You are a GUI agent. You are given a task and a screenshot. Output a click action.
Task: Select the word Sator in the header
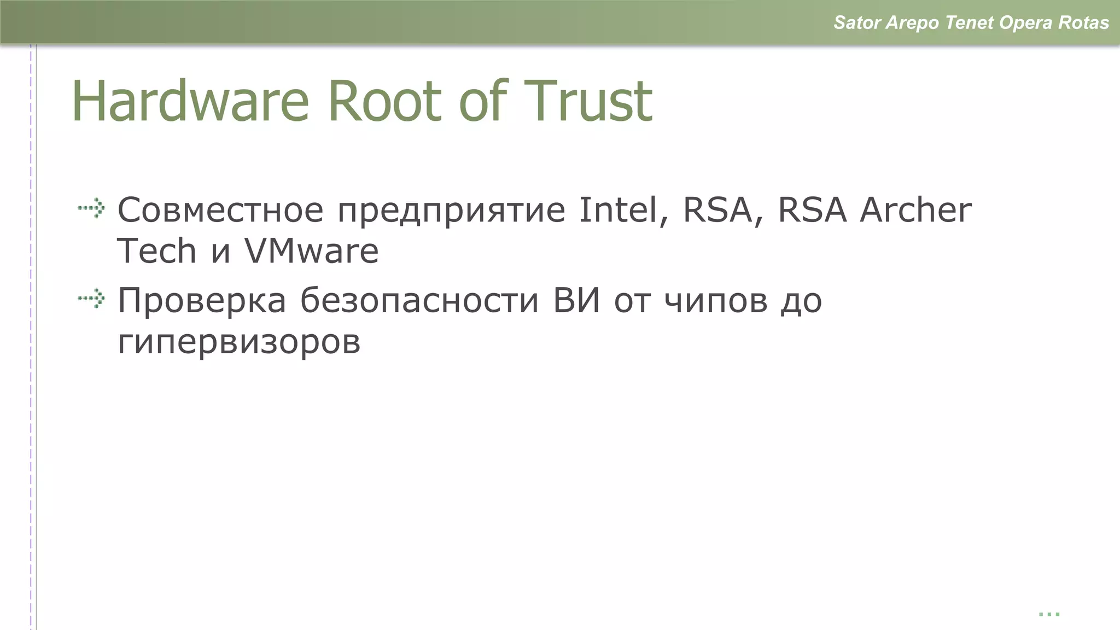click(856, 22)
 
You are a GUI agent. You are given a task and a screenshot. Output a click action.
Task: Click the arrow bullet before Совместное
click(91, 208)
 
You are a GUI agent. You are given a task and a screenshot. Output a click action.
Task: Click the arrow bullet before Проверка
click(91, 299)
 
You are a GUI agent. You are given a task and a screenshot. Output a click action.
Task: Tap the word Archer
click(915, 210)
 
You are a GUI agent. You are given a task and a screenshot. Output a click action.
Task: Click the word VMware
click(311, 251)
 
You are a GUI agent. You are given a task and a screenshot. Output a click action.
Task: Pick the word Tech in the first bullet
click(156, 251)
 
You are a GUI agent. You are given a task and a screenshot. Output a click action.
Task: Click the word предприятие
click(451, 211)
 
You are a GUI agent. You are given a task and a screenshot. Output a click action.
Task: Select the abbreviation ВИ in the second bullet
click(576, 301)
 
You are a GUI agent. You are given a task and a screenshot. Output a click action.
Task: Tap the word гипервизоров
click(239, 343)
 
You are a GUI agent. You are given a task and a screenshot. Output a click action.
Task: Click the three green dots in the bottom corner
click(1049, 614)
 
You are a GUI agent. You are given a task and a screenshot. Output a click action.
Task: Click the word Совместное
click(221, 210)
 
